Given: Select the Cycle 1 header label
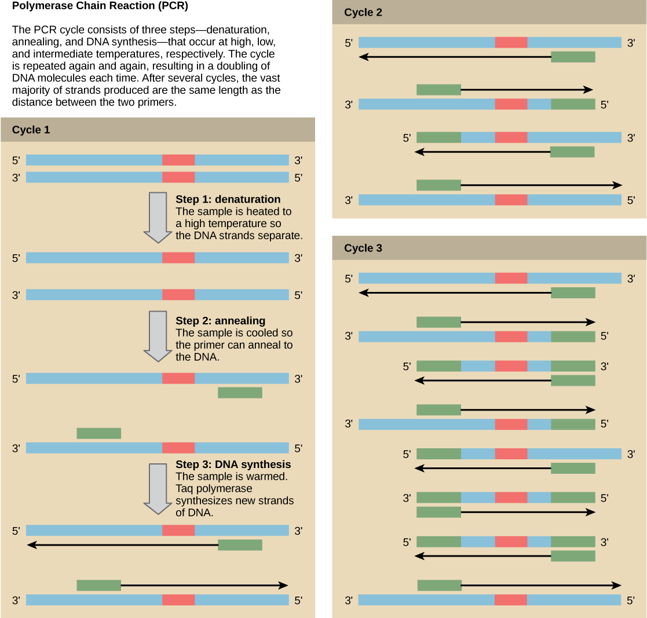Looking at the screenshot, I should (31, 130).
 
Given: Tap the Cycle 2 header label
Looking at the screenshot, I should (363, 12).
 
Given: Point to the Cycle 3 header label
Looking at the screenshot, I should (363, 248).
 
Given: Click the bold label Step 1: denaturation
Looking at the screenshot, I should (228, 199).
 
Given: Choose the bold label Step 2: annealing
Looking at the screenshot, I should (220, 320).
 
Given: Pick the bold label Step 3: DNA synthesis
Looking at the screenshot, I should (233, 465).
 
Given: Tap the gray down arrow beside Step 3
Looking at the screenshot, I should (155, 488).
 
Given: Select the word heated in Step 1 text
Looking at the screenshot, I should (257, 211).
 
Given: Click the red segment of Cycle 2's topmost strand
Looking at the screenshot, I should (511, 42).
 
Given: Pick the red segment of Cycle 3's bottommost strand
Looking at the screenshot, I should (510, 600).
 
